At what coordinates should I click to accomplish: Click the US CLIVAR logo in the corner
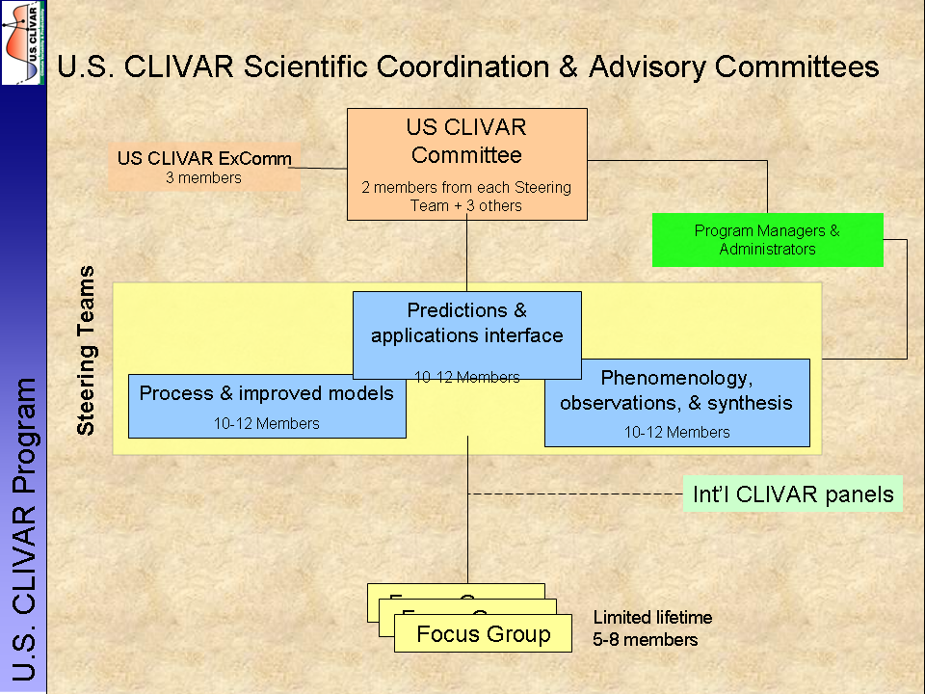pos(23,42)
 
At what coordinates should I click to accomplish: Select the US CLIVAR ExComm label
pos(204,159)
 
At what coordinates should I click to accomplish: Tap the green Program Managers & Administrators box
pos(767,240)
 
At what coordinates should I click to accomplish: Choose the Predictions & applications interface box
pos(466,324)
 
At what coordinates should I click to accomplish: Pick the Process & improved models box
pos(267,394)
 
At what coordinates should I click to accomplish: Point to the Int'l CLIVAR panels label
pos(793,495)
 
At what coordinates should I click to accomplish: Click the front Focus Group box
pos(483,634)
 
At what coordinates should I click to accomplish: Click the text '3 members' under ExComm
pos(203,177)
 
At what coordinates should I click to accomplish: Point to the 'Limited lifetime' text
pos(652,618)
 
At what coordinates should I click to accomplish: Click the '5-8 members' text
pos(646,639)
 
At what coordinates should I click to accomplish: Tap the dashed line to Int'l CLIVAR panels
pos(578,494)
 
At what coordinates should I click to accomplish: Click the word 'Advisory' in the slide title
pos(650,67)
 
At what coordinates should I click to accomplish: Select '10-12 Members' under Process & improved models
pos(267,423)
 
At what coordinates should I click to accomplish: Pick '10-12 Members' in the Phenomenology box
pos(676,433)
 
